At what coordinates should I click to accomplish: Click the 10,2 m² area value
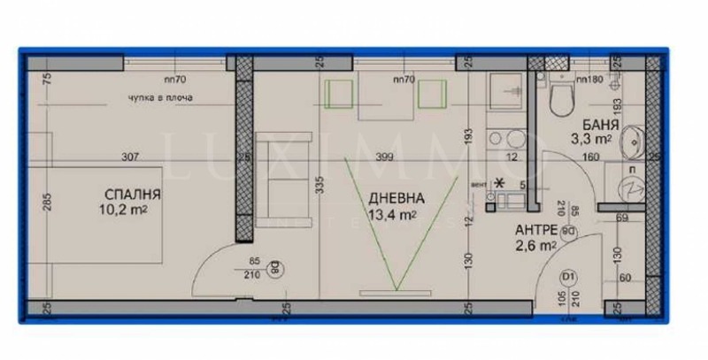coord(123,211)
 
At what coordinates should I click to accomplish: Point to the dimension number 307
coord(130,158)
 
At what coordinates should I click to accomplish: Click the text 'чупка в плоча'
coord(150,97)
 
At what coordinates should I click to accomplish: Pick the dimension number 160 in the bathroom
coord(591,159)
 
